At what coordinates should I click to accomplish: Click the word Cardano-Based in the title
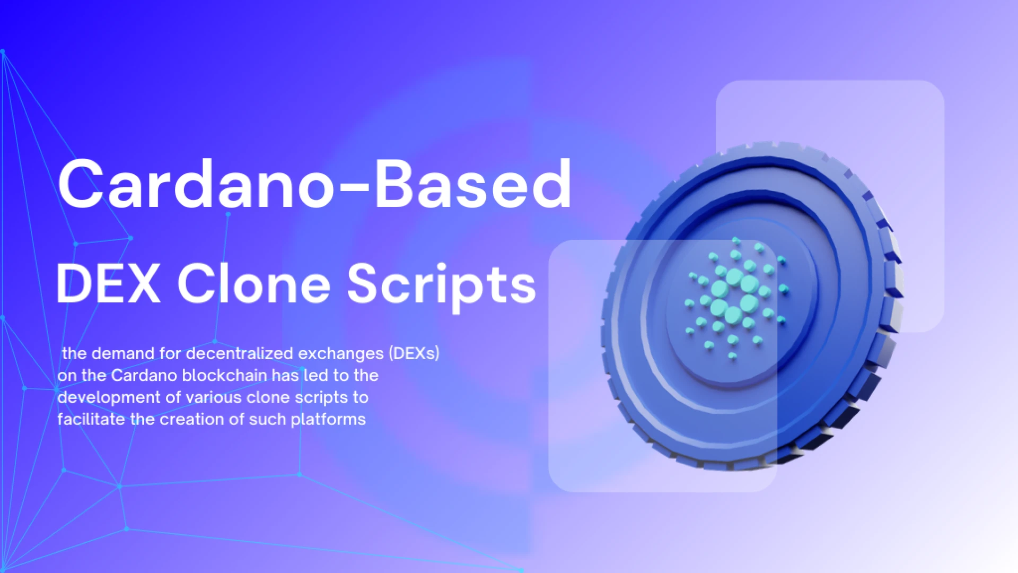[x=314, y=185]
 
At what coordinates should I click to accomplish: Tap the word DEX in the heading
[x=108, y=284]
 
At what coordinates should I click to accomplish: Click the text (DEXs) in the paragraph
[x=414, y=353]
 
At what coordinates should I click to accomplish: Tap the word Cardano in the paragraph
[x=144, y=376]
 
